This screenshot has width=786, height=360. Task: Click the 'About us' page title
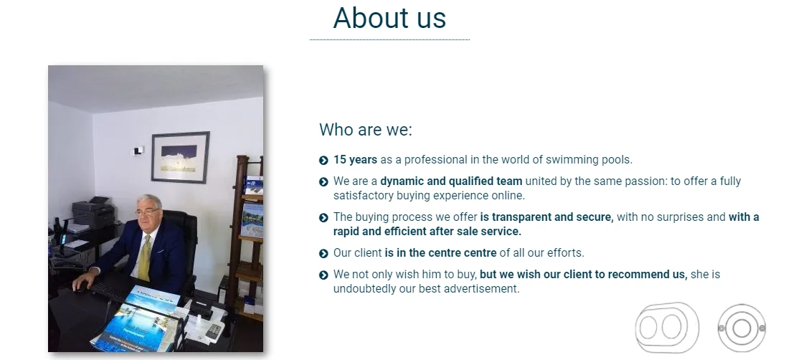389,18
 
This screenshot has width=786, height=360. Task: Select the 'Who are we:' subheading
366,129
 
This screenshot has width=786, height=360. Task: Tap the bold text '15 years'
356,159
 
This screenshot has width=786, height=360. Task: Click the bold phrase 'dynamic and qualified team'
451,181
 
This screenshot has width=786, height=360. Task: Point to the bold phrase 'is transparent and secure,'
547,217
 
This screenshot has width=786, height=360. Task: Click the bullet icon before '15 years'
323,161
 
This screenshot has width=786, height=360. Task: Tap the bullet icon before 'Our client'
323,254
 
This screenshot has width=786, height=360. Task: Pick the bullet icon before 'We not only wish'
323,275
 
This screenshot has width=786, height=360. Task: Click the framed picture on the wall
181,158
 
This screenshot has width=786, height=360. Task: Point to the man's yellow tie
145,258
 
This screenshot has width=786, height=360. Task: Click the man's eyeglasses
146,212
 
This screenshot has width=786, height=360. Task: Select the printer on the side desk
94,212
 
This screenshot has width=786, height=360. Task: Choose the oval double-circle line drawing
667,328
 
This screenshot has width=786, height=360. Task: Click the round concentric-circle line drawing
742,328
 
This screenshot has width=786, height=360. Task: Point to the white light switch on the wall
138,151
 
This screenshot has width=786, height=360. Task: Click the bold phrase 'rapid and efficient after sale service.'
427,232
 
